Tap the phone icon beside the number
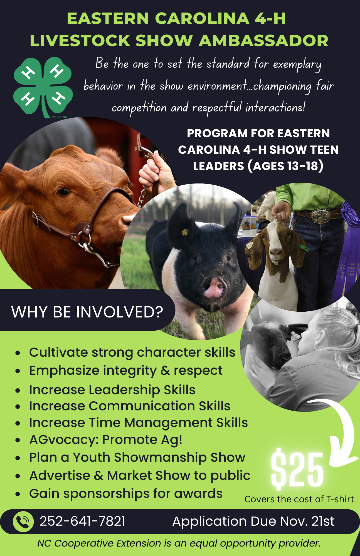23,522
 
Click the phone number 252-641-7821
82,521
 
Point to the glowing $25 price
297,470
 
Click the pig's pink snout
214,288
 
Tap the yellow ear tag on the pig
184,232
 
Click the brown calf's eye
64,192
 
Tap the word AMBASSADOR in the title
263,41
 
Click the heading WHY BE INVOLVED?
87,312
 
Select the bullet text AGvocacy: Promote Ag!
106,440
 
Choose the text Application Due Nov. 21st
253,521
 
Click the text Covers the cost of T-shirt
299,499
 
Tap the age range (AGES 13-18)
285,166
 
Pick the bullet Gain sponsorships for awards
126,494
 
